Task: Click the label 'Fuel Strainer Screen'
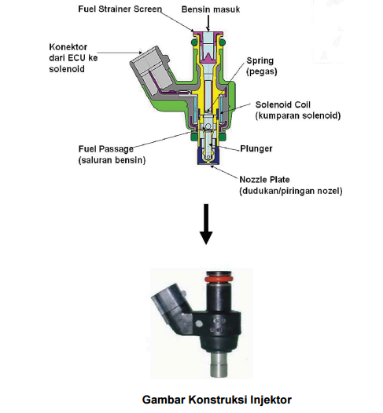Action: click(x=120, y=9)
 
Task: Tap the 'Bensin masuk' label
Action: click(x=211, y=9)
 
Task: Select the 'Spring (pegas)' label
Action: click(x=261, y=66)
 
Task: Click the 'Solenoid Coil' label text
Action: click(x=283, y=104)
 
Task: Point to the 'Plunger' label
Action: click(x=256, y=149)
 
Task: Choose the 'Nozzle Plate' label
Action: click(x=264, y=180)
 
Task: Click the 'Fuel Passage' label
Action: click(x=105, y=149)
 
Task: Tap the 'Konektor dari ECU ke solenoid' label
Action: click(x=73, y=58)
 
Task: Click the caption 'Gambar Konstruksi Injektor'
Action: click(x=217, y=400)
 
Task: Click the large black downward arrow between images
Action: click(x=206, y=224)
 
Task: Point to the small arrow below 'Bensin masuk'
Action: click(x=208, y=24)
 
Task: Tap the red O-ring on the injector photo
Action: click(x=219, y=279)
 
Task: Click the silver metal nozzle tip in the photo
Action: click(x=219, y=365)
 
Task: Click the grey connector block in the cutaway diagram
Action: click(x=151, y=71)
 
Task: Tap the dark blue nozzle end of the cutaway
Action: click(x=208, y=156)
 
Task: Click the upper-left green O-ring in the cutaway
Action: click(x=194, y=42)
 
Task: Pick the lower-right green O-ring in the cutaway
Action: click(x=223, y=137)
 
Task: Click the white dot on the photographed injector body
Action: click(x=199, y=323)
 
